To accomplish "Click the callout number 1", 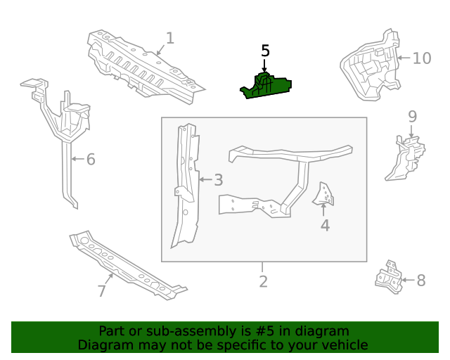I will coord(169,38).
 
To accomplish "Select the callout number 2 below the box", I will coord(263,282).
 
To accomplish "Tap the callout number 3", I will coord(219,180).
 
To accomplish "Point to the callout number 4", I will coord(325,225).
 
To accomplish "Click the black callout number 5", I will coord(265,51).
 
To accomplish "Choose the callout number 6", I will coord(90,160).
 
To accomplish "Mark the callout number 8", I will coord(421,281).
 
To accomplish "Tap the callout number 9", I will coord(412,116).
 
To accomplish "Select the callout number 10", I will coord(421,58).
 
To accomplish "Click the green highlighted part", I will coord(267,86).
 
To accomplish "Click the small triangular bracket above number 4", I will coord(326,194).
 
